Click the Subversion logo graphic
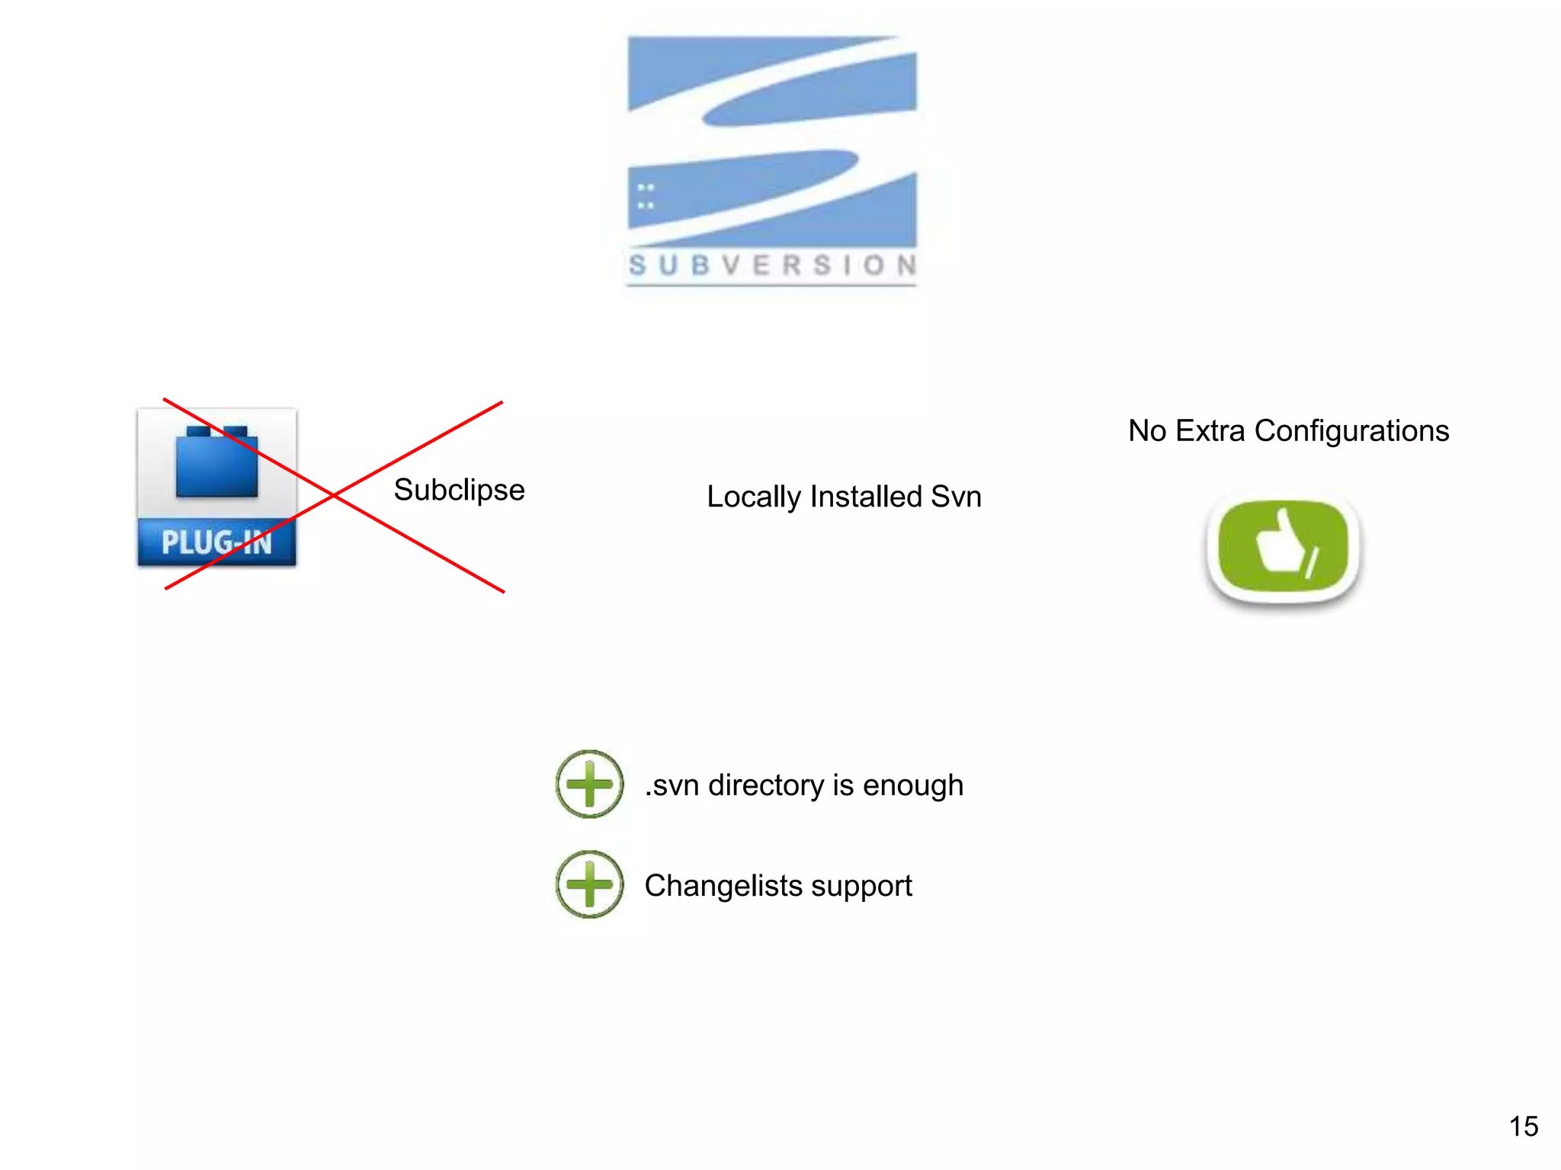tap(771, 141)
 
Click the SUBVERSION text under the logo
tap(771, 265)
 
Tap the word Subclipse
tap(459, 491)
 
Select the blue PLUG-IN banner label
tap(216, 542)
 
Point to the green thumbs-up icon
tap(1283, 547)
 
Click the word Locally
tap(753, 497)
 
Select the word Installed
tap(866, 497)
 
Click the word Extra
tap(1210, 431)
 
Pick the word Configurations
tap(1351, 431)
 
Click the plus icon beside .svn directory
tap(589, 784)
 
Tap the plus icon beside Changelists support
tap(589, 884)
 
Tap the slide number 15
tap(1523, 1127)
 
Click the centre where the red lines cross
tap(334, 496)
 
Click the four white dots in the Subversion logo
tap(646, 196)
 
